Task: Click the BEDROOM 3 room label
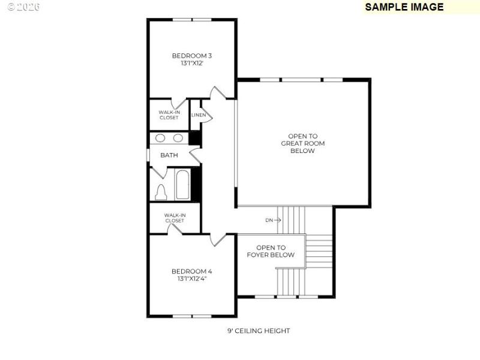(191, 56)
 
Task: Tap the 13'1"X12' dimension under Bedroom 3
(191, 63)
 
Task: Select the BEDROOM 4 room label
(191, 271)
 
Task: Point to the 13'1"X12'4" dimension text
(191, 278)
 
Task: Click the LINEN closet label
(199, 115)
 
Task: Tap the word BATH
(169, 155)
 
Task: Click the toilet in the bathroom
(161, 191)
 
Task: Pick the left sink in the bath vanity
(160, 138)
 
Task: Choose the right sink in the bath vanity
(178, 138)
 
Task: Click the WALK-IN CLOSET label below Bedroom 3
(169, 115)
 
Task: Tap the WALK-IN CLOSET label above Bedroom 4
(175, 218)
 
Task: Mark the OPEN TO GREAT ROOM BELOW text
(302, 143)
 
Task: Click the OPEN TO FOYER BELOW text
(271, 251)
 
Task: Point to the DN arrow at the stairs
(273, 220)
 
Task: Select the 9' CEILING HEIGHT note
(258, 331)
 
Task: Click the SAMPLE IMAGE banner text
(404, 7)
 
